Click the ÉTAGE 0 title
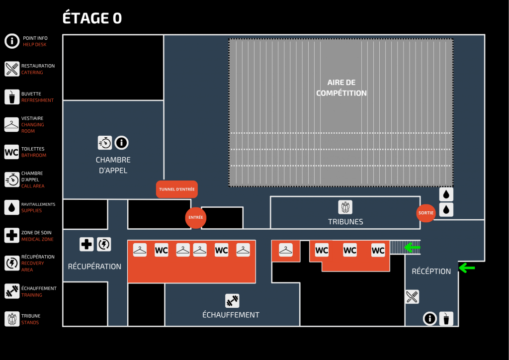pos(92,18)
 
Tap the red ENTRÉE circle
pos(195,218)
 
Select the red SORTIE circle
pos(426,213)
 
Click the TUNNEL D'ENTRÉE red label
pos(177,189)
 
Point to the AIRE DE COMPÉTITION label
pos(341,88)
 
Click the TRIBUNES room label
pos(345,222)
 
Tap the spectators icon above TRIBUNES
pos(345,206)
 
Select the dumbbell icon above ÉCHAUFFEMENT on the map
pos(232,301)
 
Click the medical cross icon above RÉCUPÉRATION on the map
pos(86,244)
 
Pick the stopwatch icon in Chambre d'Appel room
pos(105,143)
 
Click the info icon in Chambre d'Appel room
pos(122,143)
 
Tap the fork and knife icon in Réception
pos(412,297)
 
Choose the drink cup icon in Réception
pos(446,318)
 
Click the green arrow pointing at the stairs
pos(412,247)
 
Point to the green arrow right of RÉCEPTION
pos(466,268)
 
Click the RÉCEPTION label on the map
pos(431,271)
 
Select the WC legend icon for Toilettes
pos(11,152)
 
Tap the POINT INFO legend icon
pos(12,41)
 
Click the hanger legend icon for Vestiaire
pos(12,124)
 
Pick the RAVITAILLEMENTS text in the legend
pos(38,204)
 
